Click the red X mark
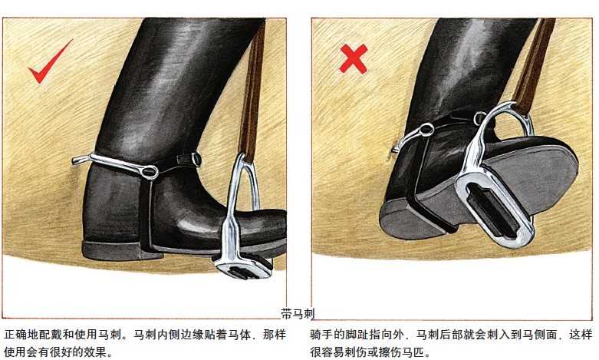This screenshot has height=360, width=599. click(x=354, y=58)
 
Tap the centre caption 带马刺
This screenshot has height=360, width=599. click(x=298, y=314)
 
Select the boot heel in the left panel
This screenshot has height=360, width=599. click(x=110, y=249)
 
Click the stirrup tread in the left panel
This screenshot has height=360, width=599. click(x=245, y=267)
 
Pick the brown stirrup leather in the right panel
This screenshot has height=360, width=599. click(x=534, y=65)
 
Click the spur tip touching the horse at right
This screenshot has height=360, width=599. click(x=395, y=149)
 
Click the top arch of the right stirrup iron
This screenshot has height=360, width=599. click(x=508, y=106)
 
